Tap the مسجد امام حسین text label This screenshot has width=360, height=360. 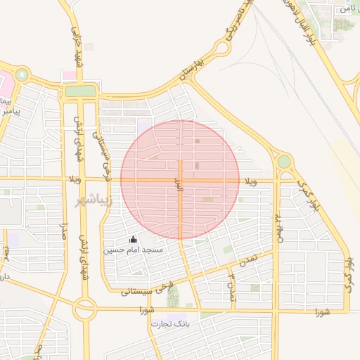click(134, 250)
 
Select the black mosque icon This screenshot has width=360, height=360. click(134, 240)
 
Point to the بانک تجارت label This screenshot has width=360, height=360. click(170, 323)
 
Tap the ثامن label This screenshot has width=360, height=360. click(348, 8)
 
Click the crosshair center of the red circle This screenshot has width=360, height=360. click(180, 179)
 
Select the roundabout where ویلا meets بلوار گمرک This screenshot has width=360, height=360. click(284, 162)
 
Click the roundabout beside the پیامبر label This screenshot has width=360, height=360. click(22, 74)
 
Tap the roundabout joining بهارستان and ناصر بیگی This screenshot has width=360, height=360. click(221, 49)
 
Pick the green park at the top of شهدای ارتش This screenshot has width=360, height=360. click(80, 91)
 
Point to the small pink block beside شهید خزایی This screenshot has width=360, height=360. click(69, 75)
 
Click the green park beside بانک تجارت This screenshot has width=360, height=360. click(173, 297)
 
